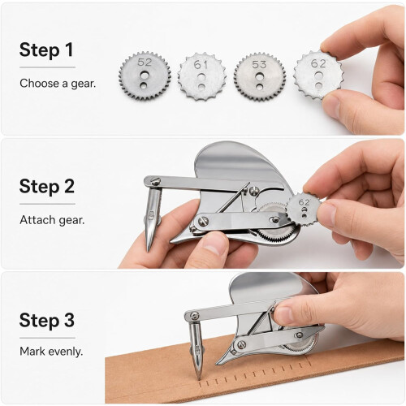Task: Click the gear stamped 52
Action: tap(145, 76)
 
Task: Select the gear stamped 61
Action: tap(201, 76)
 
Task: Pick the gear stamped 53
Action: tap(260, 77)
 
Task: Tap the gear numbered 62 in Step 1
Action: tap(317, 75)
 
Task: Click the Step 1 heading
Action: tap(46, 50)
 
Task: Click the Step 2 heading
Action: tap(47, 187)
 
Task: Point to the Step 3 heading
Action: tap(47, 321)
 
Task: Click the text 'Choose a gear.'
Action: tap(58, 84)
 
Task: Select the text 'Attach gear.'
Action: tap(52, 220)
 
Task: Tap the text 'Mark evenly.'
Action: tap(51, 352)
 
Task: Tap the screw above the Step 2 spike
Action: tap(155, 181)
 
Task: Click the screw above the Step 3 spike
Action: tap(194, 316)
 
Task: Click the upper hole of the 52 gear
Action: tap(145, 74)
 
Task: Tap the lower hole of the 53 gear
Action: tap(260, 87)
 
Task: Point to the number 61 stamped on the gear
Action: tap(201, 64)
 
